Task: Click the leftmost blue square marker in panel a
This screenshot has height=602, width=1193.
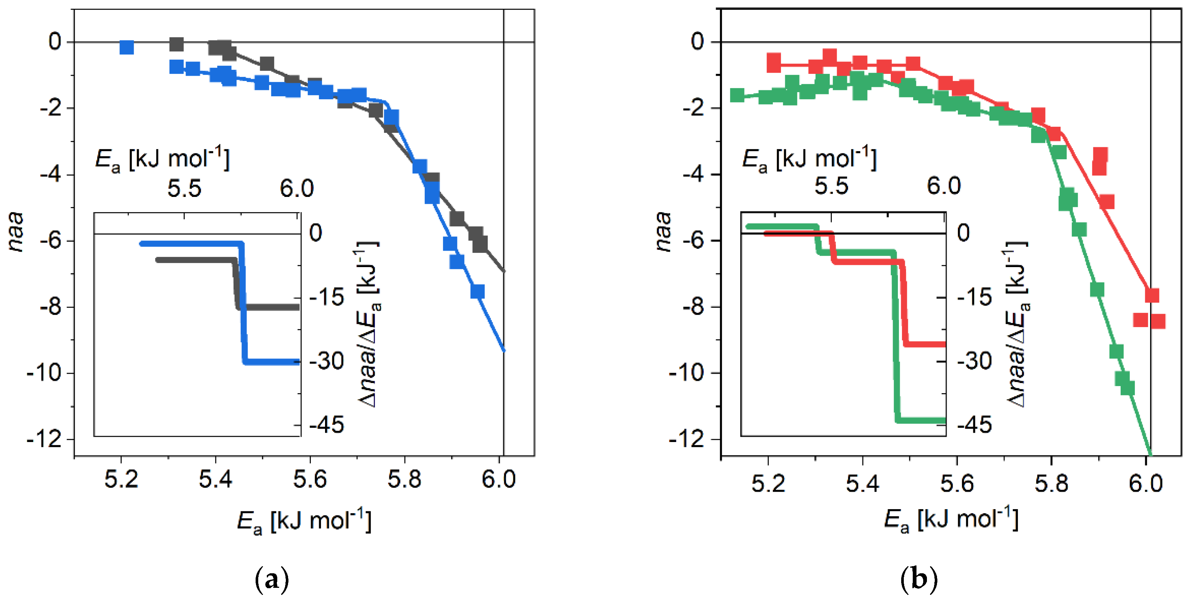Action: click(x=127, y=47)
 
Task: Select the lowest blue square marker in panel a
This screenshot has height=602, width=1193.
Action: click(x=478, y=291)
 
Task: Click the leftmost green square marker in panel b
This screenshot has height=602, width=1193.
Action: click(x=737, y=95)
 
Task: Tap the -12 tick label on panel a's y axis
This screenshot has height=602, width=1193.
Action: click(x=44, y=439)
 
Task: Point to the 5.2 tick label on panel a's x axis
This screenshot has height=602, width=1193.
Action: click(x=121, y=479)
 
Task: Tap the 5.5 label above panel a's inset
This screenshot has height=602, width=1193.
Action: click(x=184, y=188)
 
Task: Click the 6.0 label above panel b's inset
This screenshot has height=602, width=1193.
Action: click(x=944, y=186)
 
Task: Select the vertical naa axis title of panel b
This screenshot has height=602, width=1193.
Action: click(x=663, y=232)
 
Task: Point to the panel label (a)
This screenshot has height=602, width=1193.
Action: click(x=272, y=579)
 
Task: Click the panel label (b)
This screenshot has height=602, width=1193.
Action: click(x=919, y=579)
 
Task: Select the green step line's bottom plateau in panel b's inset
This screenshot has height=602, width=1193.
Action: click(x=922, y=420)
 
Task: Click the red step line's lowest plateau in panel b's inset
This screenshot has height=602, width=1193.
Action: click(x=926, y=344)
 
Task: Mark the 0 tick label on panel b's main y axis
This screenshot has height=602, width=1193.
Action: click(x=697, y=42)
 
